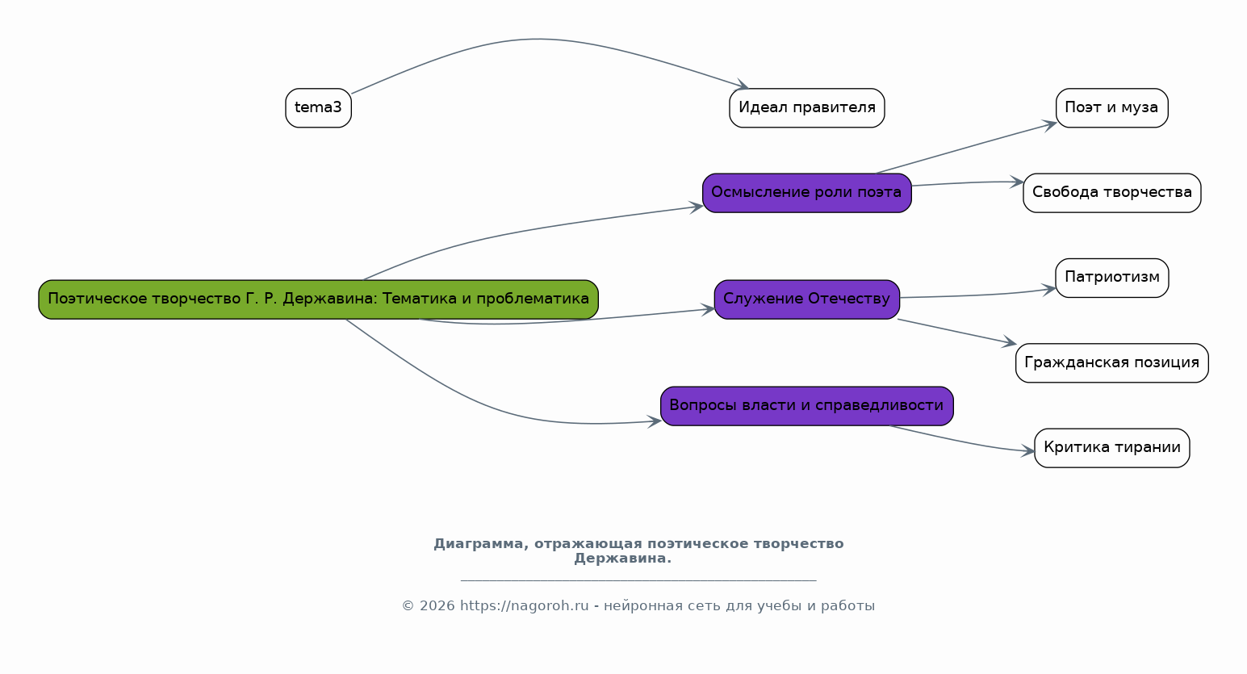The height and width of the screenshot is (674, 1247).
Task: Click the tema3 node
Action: [x=318, y=108]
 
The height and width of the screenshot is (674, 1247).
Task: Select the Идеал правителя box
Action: [x=806, y=108]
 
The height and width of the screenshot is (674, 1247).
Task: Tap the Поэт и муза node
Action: [x=1111, y=108]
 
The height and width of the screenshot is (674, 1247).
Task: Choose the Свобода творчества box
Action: [x=1111, y=193]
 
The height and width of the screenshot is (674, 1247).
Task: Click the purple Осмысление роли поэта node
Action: [x=806, y=193]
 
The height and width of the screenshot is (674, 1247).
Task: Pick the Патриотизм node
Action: [x=1111, y=278]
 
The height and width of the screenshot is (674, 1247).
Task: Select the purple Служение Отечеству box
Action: [x=806, y=299]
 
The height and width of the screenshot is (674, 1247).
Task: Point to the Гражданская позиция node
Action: [x=1111, y=363]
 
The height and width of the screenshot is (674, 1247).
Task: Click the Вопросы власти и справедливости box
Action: [x=806, y=406]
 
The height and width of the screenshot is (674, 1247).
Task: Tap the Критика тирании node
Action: [x=1111, y=448]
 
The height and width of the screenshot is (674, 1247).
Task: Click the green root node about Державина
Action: [x=318, y=299]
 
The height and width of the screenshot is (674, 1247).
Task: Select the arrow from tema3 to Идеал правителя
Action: [x=538, y=40]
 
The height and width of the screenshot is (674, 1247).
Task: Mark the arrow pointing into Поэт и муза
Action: [x=966, y=148]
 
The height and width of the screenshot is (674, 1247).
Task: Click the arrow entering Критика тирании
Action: [x=962, y=442]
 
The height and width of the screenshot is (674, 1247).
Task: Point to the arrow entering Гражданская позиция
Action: [x=957, y=332]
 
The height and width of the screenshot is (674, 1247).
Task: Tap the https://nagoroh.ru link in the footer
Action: [x=524, y=605]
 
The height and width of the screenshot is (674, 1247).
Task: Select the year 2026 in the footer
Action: [x=437, y=605]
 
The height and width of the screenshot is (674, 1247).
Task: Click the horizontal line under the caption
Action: [x=638, y=580]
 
